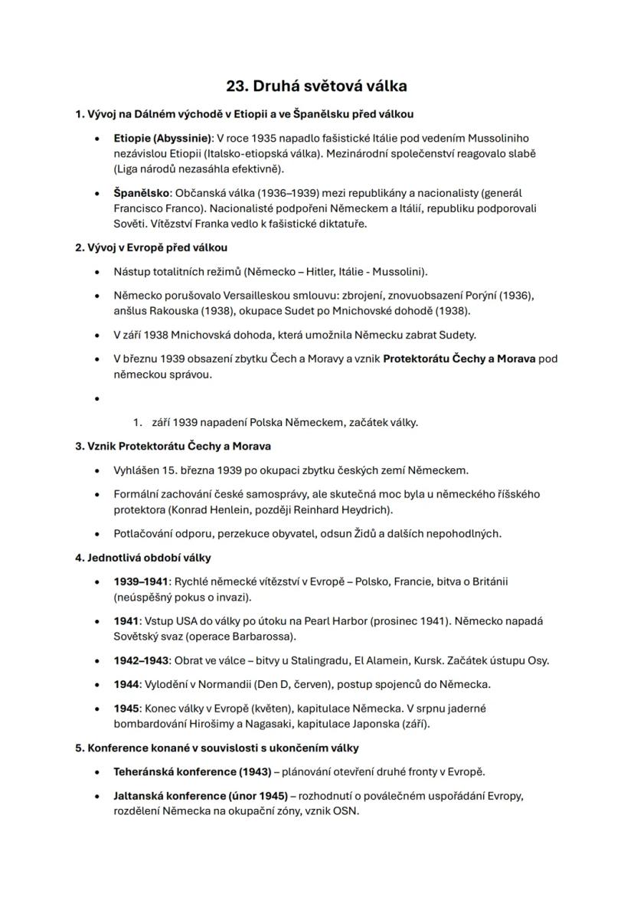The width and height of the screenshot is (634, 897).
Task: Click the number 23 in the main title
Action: pos(236,86)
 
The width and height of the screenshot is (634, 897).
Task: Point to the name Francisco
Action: pos(136,208)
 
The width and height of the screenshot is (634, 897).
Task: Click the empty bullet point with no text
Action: pos(97,398)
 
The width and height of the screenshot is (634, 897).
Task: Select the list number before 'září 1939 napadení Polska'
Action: pos(138,422)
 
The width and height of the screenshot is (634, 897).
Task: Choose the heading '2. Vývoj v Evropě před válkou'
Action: pos(151,247)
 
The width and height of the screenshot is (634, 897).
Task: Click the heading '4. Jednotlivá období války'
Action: pos(143,557)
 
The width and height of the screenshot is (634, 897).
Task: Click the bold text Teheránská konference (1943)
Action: pos(192,771)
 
